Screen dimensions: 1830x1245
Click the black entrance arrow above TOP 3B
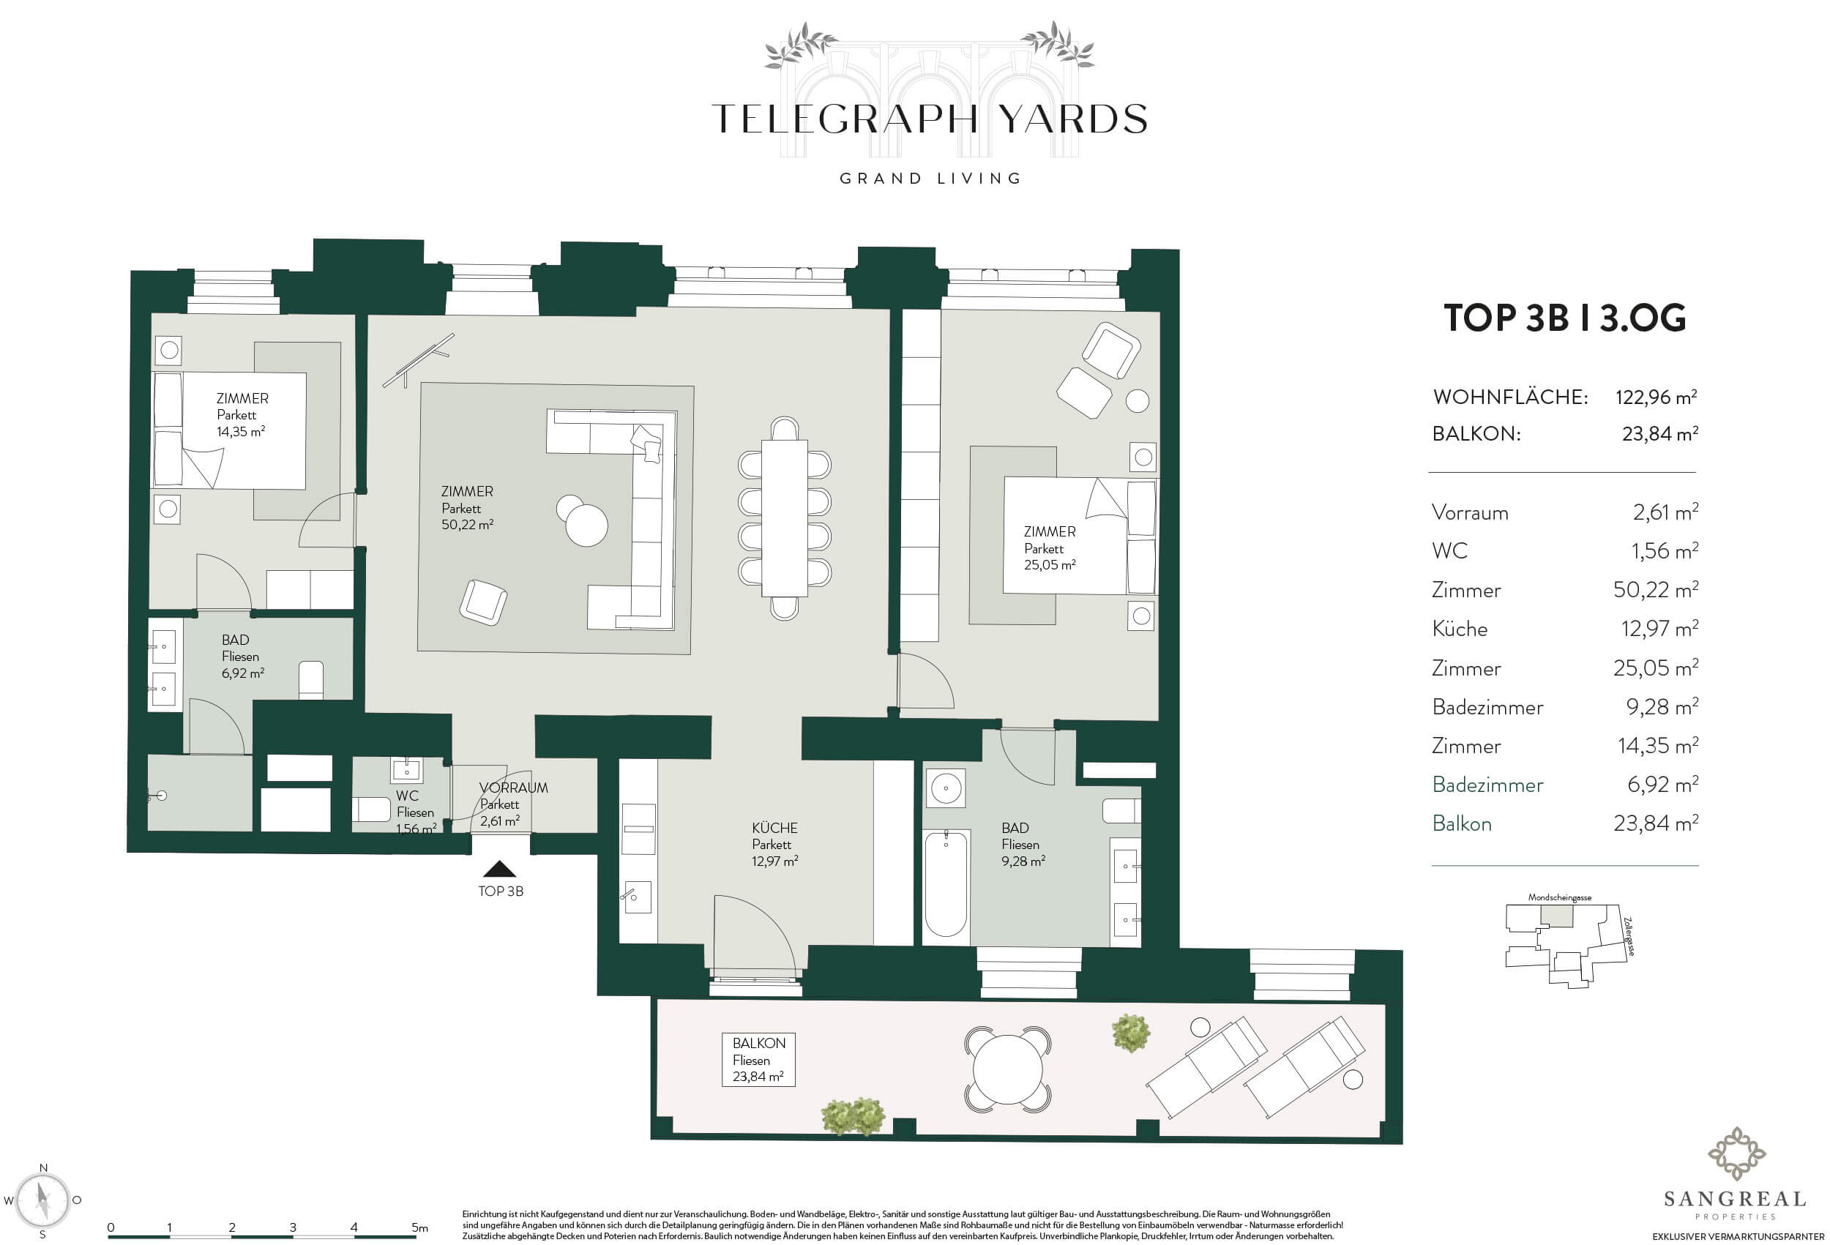[x=499, y=870]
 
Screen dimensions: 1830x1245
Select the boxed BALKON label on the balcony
[x=758, y=1060]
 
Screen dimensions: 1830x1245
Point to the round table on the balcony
[x=1008, y=1069]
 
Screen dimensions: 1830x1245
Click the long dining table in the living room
[x=784, y=519]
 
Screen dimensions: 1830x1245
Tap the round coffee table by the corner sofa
[x=585, y=523]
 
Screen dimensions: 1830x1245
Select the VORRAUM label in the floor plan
[x=513, y=788]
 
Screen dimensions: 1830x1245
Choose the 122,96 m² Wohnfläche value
[x=1656, y=397]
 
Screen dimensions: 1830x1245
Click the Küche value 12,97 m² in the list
[x=1659, y=629]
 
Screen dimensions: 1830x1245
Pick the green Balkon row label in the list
[x=1462, y=823]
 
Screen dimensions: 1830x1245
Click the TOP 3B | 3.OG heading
[x=1564, y=318]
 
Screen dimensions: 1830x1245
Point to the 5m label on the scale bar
[x=419, y=1227]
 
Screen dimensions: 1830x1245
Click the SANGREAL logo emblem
[x=1736, y=1154]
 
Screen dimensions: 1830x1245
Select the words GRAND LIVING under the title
[x=930, y=179]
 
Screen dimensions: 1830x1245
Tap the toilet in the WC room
[x=371, y=810]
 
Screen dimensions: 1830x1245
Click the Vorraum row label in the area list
[x=1470, y=512]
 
